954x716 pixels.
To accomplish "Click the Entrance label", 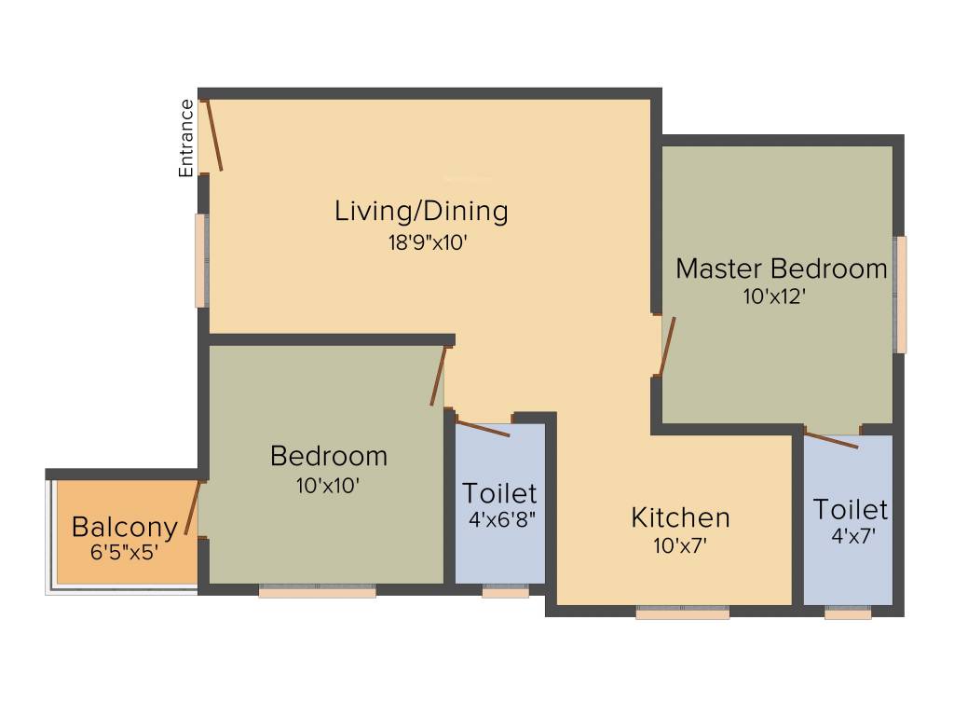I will (186, 137).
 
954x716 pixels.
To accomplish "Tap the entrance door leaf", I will (214, 136).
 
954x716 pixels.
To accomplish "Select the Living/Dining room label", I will (421, 211).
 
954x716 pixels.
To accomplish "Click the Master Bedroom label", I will (781, 268).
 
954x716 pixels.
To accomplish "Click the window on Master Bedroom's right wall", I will (900, 295).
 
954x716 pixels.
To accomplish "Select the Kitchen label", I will (680, 516).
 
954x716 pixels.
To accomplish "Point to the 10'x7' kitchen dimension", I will (681, 546).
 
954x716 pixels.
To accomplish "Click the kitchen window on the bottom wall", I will (682, 613).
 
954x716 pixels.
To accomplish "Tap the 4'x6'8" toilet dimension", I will (501, 519).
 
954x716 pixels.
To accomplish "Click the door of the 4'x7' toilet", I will (831, 439).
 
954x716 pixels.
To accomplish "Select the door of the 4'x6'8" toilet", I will (483, 428).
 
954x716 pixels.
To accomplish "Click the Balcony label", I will (124, 527).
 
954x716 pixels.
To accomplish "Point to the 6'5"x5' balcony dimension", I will (124, 551).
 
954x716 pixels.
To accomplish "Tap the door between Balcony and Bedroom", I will (193, 508).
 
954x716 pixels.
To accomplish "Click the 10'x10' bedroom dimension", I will (328, 486).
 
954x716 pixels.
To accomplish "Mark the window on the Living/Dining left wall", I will (201, 260).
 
